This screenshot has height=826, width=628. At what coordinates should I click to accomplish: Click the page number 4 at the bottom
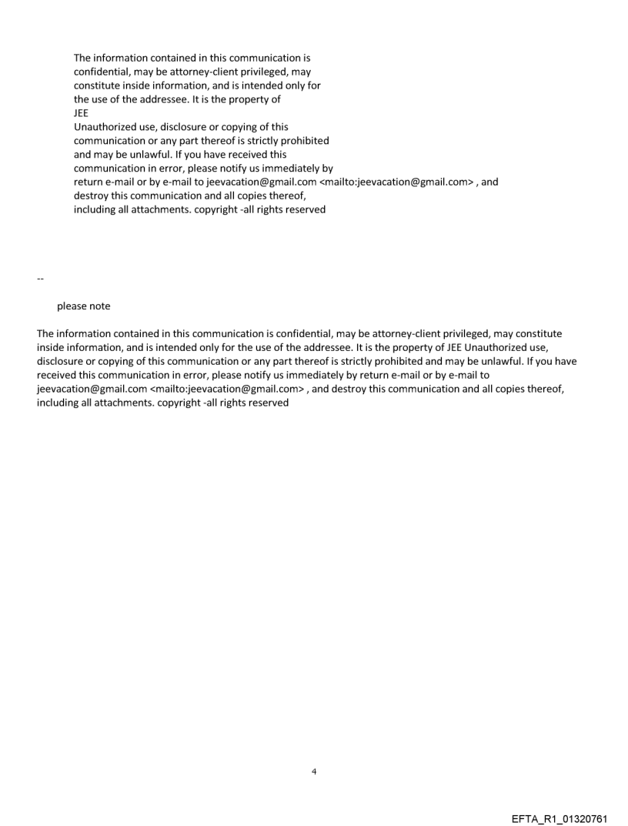[x=314, y=771]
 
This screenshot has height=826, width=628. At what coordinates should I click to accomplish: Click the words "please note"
[x=83, y=306]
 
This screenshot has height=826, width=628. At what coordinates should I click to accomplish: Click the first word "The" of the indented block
[x=83, y=58]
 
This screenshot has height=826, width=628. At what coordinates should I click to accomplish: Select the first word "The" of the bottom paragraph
[x=46, y=333]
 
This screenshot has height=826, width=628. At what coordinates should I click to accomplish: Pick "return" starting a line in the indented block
[x=89, y=182]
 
